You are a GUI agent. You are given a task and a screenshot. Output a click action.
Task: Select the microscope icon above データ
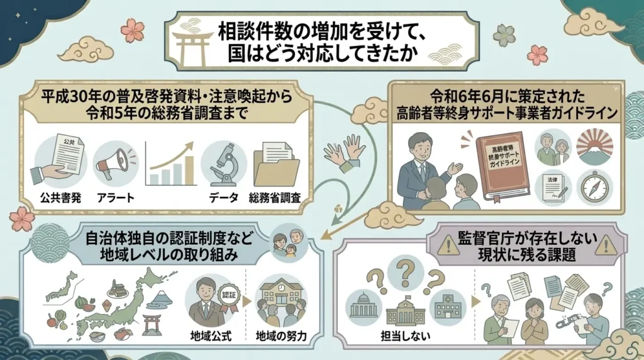coord(223,164)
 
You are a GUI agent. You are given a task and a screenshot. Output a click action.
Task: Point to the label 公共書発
coord(61,198)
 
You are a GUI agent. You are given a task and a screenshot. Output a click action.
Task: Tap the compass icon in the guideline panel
coord(594,186)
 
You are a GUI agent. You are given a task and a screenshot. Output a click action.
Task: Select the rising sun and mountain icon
coord(594,147)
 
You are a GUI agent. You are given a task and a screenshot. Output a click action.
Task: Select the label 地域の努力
coord(281,336)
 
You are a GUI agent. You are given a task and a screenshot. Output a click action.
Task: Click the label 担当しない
coord(406,335)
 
